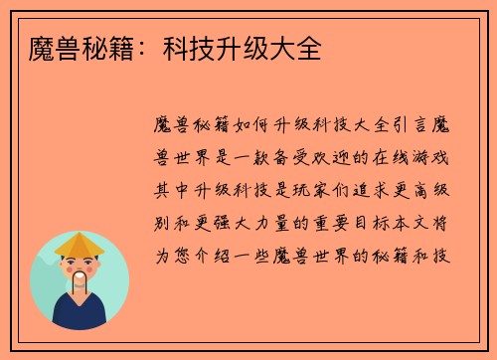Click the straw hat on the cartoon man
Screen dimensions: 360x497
click(x=80, y=243)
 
